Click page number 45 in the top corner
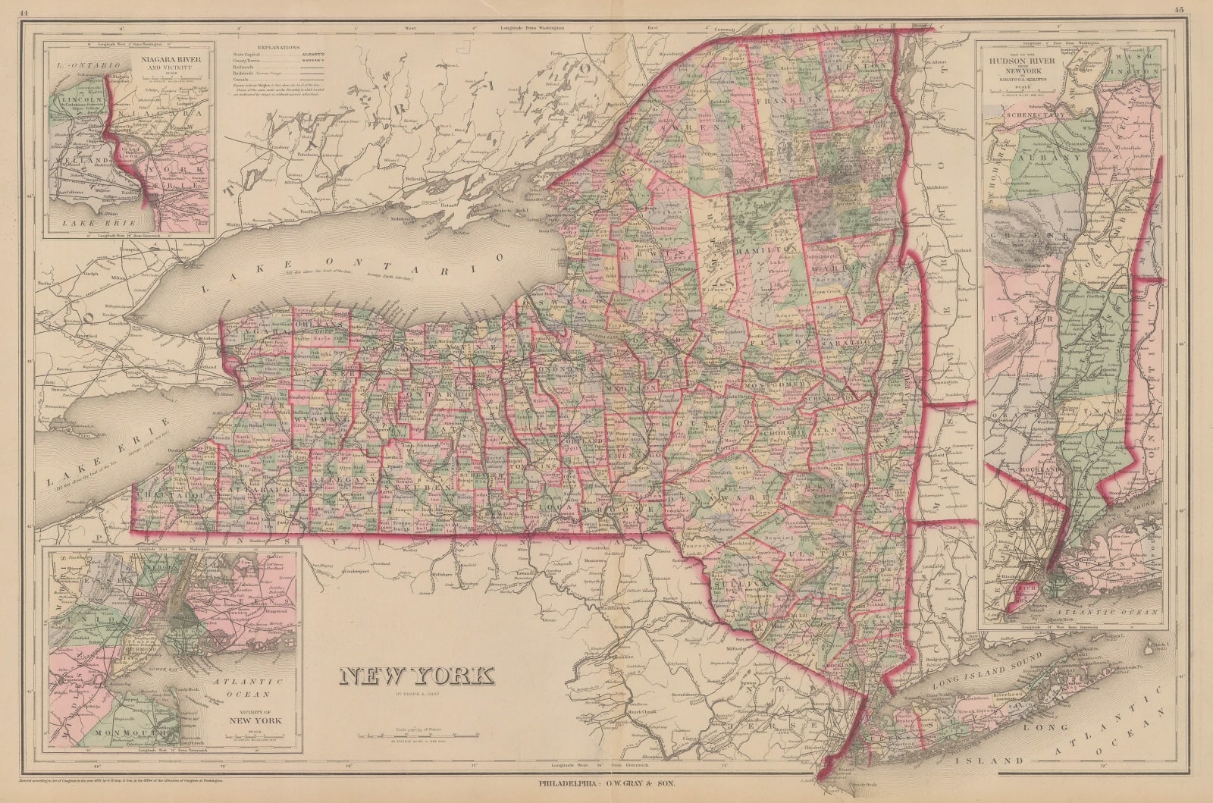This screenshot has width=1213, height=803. pos(1177,11)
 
